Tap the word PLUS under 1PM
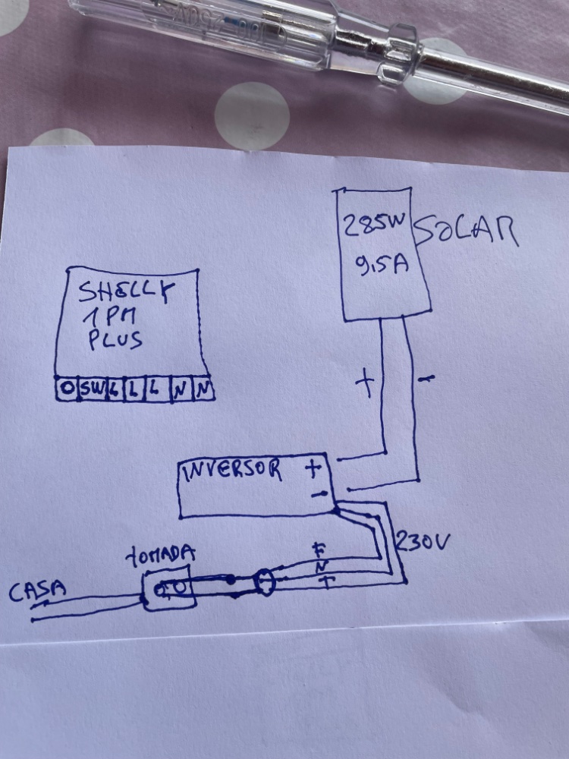[115, 339]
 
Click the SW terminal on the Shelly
[92, 389]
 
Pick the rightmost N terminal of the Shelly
[203, 389]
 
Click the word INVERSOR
[232, 471]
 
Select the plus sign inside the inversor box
[313, 469]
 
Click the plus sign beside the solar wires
[366, 385]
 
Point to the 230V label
[423, 542]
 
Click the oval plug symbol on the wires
[262, 583]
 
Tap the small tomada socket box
[169, 589]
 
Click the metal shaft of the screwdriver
[486, 76]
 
